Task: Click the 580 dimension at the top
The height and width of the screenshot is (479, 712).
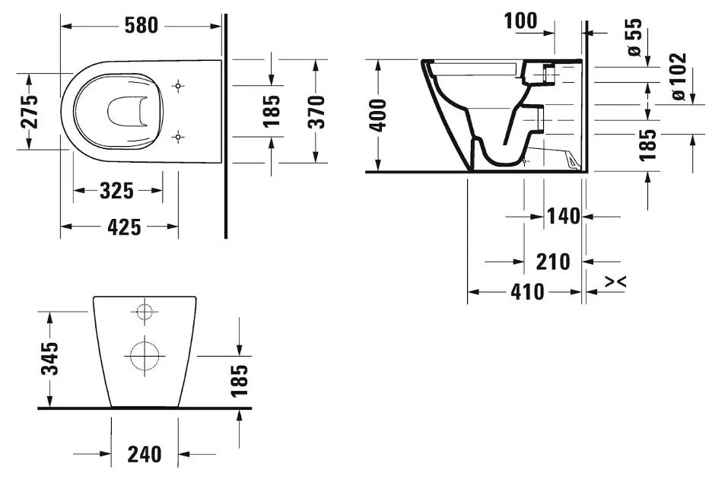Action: point(142,25)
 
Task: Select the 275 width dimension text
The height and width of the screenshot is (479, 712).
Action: point(29,112)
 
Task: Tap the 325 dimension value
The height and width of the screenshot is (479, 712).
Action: point(117,191)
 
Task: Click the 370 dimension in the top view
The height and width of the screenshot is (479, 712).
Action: point(316,111)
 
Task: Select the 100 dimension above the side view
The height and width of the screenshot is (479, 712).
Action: point(520,21)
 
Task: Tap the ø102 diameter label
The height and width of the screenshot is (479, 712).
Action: point(677,77)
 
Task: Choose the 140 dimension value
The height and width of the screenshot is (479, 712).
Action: point(564,217)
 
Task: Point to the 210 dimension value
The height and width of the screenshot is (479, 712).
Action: point(553,262)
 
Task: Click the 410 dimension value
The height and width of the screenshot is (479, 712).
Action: point(526,291)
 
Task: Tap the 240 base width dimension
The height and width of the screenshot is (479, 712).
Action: point(144,454)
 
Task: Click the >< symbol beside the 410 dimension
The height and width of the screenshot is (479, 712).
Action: point(616,282)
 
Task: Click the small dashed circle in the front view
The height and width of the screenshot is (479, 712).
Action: point(143,311)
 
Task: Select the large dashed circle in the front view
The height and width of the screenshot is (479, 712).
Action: point(143,354)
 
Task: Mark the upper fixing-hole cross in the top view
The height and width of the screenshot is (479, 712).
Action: point(179,85)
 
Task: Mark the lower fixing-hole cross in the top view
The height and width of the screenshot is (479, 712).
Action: point(179,136)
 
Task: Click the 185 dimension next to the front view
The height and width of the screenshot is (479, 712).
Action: point(239,380)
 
